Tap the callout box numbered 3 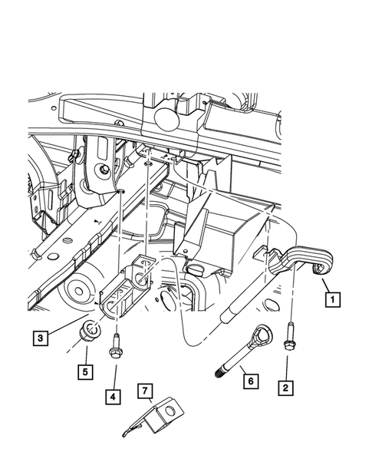click(x=39, y=336)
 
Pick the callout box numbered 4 click(x=114, y=397)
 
